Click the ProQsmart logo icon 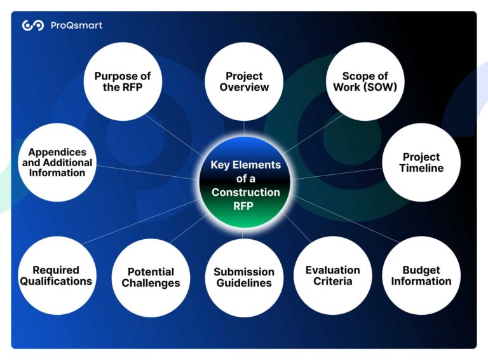coord(33,25)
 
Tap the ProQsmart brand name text coord(76,25)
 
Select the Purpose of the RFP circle coord(123,81)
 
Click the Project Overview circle coord(244,81)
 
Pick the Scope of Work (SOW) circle coord(365,81)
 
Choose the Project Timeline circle coord(421,162)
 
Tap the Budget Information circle coord(421,275)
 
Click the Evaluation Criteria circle coord(332,275)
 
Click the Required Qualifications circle coord(56,275)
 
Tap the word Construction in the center coord(245,192)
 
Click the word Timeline coord(421,169)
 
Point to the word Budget coord(421,270)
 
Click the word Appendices coord(57,153)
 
